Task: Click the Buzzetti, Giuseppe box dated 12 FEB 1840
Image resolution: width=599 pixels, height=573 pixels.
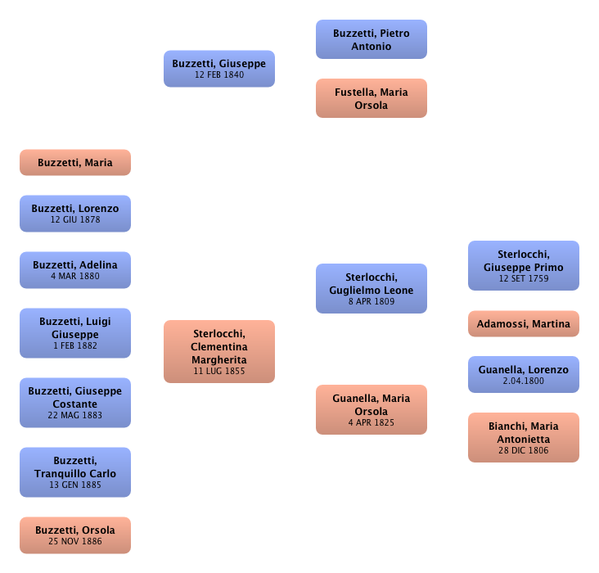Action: tap(218, 69)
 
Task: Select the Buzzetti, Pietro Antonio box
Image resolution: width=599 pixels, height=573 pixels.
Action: tap(372, 39)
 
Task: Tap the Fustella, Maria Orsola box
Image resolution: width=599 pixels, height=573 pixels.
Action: tap(372, 99)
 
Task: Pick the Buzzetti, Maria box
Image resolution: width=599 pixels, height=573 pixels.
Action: tap(75, 163)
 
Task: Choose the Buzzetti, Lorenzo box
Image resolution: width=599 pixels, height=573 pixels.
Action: tap(75, 214)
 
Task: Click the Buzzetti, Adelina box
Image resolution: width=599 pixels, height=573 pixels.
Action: tap(75, 270)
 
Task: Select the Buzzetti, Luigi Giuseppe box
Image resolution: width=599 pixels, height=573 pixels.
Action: tap(75, 333)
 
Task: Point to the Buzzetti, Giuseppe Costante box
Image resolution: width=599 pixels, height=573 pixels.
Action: tap(75, 403)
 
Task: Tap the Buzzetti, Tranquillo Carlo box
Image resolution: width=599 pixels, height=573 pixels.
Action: tap(75, 472)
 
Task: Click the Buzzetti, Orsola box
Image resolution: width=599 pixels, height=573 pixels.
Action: tap(75, 535)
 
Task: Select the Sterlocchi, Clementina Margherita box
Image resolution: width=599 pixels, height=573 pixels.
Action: tap(219, 352)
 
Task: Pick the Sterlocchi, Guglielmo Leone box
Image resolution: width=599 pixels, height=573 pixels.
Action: tap(372, 289)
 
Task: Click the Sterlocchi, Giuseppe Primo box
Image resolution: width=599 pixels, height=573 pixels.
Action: tap(524, 265)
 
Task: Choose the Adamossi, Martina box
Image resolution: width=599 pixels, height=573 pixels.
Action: tap(524, 324)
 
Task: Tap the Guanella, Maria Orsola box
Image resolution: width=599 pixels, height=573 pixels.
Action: tap(372, 409)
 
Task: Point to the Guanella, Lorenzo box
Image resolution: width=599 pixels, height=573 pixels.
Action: tap(524, 375)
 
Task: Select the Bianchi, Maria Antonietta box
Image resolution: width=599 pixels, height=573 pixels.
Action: tap(524, 438)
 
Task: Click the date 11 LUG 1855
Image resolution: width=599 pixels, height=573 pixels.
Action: tap(219, 371)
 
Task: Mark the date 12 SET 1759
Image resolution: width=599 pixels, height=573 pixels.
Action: tap(524, 279)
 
